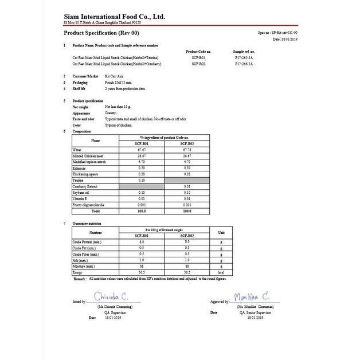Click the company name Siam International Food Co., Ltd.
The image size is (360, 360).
click(114, 17)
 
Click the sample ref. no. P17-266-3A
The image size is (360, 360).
click(242, 65)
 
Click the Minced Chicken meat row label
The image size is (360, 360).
click(87, 155)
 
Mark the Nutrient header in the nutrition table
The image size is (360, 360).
click(95, 233)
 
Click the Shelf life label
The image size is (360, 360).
click(79, 89)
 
